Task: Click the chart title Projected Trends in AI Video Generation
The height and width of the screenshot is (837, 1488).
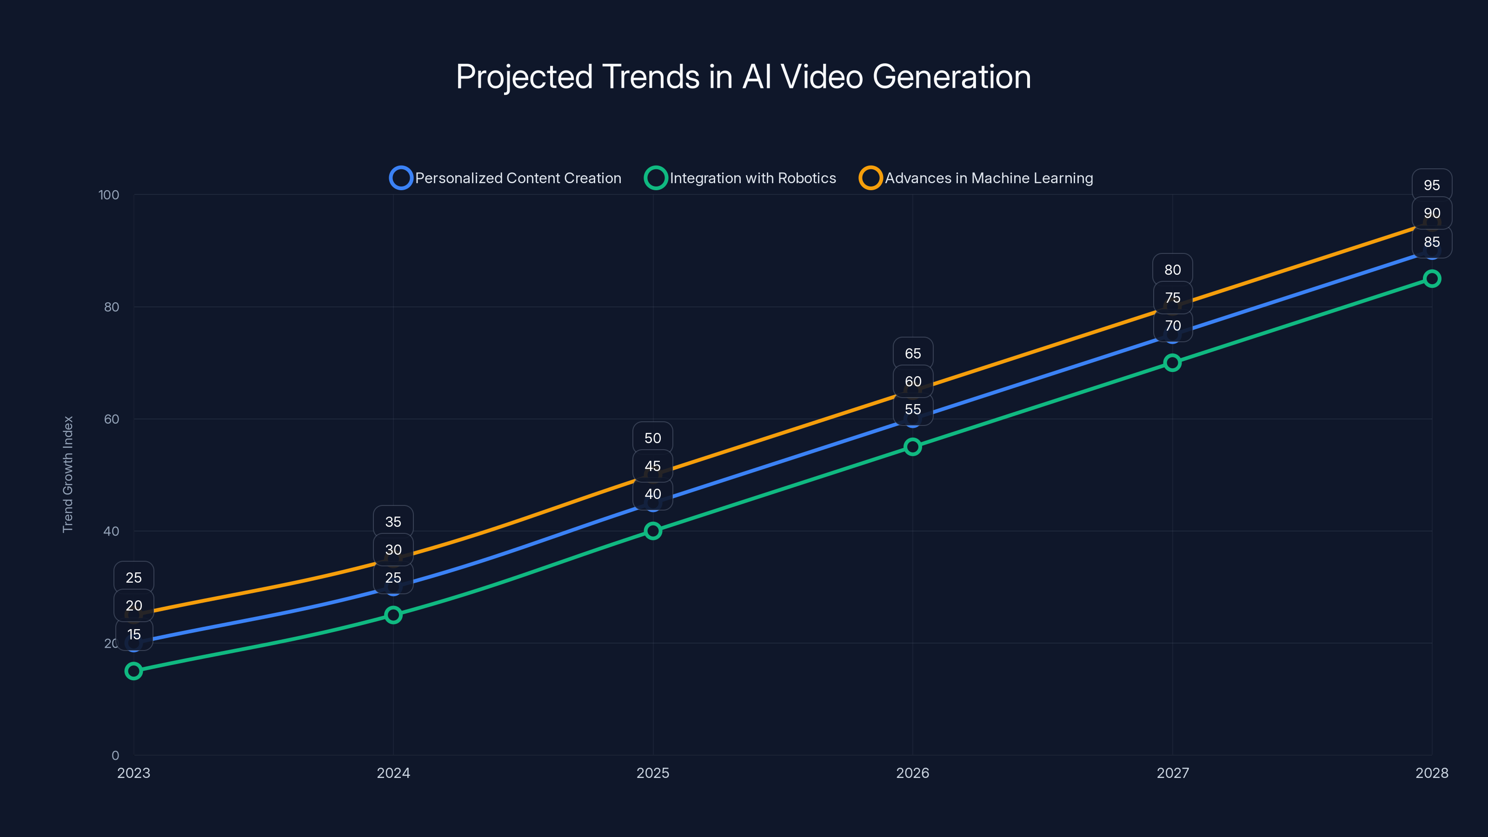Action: pos(744,77)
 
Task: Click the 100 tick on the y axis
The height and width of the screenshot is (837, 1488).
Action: pos(109,195)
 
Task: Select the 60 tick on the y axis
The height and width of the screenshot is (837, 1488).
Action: pos(112,419)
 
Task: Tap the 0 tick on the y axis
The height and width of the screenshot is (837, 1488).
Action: pos(115,755)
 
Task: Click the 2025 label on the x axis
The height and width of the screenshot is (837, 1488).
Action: pos(653,773)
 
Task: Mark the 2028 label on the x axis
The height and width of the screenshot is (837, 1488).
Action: pos(1431,773)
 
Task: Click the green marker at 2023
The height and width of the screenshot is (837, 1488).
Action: pos(133,671)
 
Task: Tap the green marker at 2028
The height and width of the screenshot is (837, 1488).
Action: pos(1431,279)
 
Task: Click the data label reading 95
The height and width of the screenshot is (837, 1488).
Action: pos(1431,186)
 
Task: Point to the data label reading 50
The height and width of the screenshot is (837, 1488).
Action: pos(653,438)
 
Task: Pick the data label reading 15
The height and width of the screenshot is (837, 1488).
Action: pos(134,634)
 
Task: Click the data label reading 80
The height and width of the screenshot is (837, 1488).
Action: pos(1172,270)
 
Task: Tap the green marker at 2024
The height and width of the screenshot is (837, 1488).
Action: pos(393,615)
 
